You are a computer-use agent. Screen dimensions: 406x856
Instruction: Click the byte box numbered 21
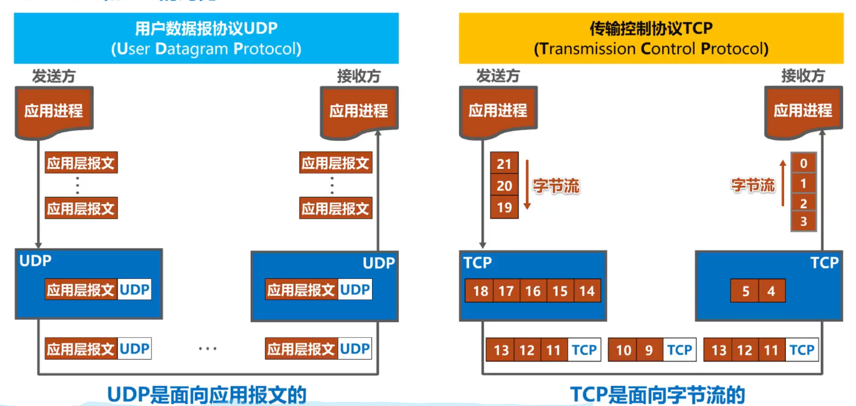(x=504, y=165)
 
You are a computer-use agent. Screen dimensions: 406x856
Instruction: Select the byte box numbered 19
(x=504, y=208)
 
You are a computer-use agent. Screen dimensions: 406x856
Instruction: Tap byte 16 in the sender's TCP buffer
(x=533, y=291)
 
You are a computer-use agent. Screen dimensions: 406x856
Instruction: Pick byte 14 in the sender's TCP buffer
(x=587, y=291)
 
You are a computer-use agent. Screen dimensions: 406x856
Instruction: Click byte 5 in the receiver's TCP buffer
(x=745, y=292)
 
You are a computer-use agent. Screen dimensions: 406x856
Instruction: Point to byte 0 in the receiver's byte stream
(x=803, y=164)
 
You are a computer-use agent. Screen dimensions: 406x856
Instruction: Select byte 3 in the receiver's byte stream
(x=803, y=221)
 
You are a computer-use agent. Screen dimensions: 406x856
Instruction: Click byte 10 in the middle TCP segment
(x=623, y=350)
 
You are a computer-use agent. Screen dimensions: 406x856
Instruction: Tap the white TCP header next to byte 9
(x=679, y=350)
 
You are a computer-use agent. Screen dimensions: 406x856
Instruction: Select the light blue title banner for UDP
(x=206, y=38)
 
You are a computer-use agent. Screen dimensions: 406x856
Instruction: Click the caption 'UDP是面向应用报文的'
(x=207, y=395)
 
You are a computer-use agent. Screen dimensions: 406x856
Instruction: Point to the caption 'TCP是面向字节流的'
(x=657, y=395)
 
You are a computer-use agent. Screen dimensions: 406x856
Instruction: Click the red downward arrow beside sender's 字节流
(x=526, y=185)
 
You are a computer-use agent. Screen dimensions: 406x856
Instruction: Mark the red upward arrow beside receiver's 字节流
(x=782, y=183)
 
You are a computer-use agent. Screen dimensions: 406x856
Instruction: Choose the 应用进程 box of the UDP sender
(x=53, y=111)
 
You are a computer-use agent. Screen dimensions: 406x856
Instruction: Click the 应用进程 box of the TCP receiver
(x=803, y=111)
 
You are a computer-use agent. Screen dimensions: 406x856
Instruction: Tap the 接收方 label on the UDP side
(x=358, y=76)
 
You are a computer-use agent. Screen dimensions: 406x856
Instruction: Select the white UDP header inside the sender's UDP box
(x=134, y=290)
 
